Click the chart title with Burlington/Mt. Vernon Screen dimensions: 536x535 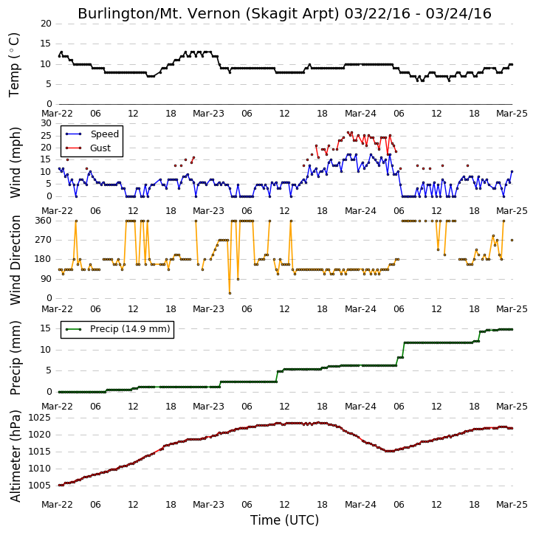[x=284, y=14]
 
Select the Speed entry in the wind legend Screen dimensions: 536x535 [x=92, y=134]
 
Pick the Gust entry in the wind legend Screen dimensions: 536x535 [x=88, y=148]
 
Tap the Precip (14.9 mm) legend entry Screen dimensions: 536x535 [x=117, y=329]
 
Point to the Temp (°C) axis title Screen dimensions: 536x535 [x=14, y=65]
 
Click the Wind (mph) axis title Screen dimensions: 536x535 [x=16, y=162]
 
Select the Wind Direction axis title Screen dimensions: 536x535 [x=16, y=260]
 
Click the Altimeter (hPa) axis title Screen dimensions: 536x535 [x=16, y=456]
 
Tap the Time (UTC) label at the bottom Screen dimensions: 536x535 [x=284, y=520]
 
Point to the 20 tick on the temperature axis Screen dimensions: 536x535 [x=46, y=24]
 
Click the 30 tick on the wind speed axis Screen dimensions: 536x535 [x=46, y=123]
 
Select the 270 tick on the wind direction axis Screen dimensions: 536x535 [x=43, y=240]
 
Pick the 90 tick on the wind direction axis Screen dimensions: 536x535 [x=46, y=279]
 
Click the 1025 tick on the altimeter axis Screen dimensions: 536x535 [x=40, y=418]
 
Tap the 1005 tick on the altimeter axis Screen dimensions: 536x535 [x=40, y=486]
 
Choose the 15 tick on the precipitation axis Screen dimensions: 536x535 [x=46, y=328]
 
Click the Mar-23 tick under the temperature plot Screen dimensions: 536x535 [x=208, y=114]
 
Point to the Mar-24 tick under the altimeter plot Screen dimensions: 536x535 [x=360, y=505]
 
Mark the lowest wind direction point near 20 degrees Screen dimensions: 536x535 [x=230, y=293]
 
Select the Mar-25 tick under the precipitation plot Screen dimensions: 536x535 [x=512, y=407]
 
